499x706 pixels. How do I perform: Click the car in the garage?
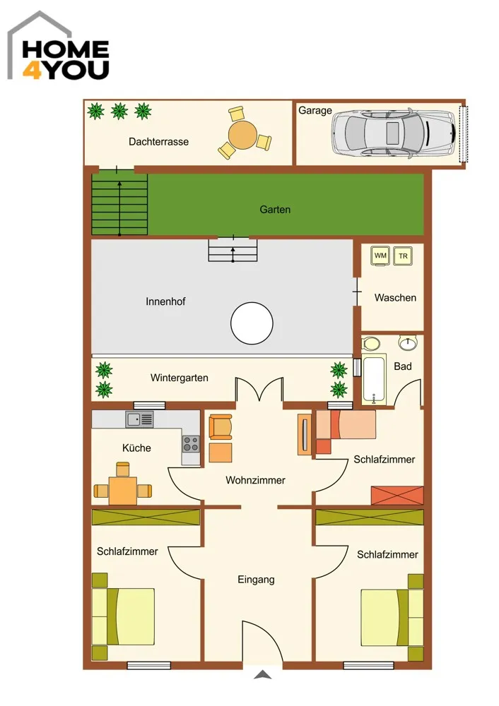(394, 133)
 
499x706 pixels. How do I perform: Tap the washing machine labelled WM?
(380, 256)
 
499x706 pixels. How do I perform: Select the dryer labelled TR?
(403, 256)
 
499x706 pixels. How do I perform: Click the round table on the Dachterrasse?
(242, 133)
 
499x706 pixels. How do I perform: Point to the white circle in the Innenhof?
(252, 323)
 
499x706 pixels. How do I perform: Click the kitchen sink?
(140, 419)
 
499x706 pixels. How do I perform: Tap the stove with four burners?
(191, 444)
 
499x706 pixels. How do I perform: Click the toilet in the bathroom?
(371, 344)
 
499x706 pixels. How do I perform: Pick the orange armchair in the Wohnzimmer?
(221, 427)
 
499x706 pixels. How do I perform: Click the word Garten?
(275, 210)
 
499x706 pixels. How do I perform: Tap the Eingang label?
(256, 580)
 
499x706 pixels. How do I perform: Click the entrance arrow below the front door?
(263, 674)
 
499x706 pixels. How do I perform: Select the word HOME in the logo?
(66, 49)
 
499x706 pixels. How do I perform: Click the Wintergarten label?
(180, 378)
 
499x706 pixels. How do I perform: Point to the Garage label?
(315, 110)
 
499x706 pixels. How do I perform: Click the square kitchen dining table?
(122, 491)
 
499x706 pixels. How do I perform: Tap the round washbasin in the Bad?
(408, 342)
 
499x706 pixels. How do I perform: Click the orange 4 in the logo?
(33, 70)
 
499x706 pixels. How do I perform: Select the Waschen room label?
(395, 298)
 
